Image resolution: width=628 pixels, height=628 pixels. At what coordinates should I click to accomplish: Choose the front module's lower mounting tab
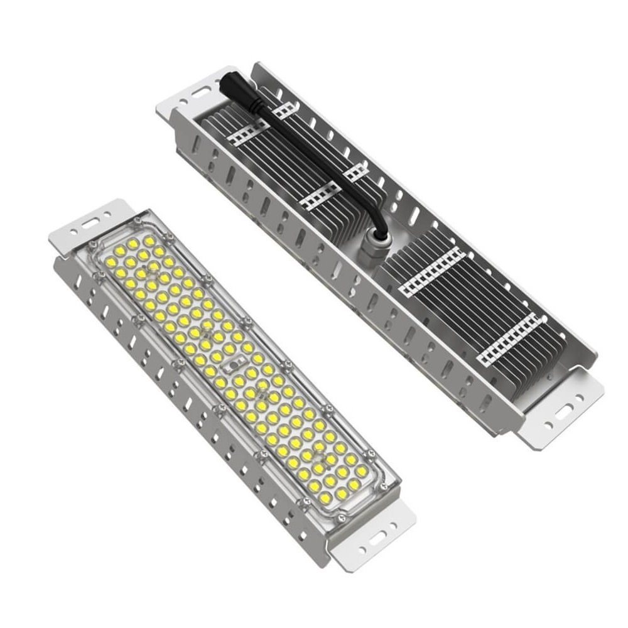point(371,540)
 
